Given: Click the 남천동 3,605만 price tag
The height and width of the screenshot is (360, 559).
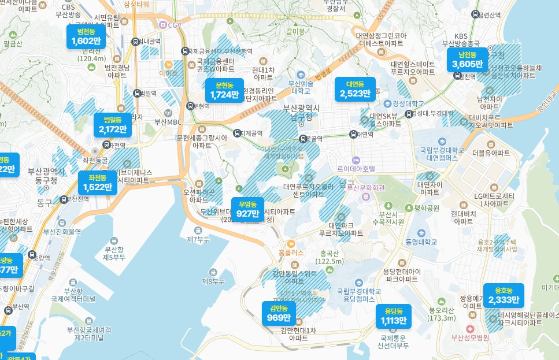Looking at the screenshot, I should (465, 60).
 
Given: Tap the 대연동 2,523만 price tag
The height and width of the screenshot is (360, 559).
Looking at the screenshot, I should (355, 90).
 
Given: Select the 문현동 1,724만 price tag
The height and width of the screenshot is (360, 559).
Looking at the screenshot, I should (224, 90).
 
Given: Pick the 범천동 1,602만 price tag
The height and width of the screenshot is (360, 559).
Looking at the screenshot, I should (86, 36).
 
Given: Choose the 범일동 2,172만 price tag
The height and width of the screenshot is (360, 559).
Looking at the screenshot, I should (113, 125).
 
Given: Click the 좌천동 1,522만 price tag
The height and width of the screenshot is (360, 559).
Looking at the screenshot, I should (97, 182).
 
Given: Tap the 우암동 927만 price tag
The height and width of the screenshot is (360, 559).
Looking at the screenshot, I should (247, 209).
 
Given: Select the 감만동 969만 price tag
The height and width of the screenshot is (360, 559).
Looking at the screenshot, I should (279, 313).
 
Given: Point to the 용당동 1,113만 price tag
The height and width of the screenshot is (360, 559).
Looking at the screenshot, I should (394, 316).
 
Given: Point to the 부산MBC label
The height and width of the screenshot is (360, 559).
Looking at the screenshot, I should (168, 121).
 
